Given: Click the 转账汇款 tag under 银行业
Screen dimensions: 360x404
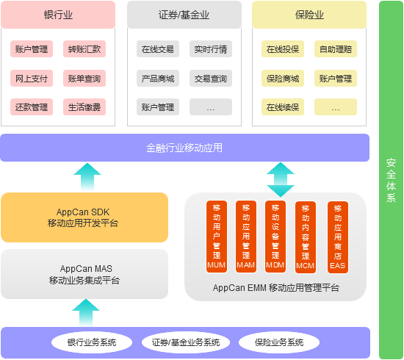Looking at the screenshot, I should (x=84, y=50).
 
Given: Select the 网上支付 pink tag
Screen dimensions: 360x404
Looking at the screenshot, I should (x=32, y=79).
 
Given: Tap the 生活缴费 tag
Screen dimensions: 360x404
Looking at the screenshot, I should (x=84, y=107).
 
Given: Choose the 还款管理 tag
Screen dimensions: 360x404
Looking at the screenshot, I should (x=32, y=107).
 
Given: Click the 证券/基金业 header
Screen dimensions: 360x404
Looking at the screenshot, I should (x=184, y=15).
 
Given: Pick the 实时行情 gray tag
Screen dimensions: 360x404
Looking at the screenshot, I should (x=211, y=50).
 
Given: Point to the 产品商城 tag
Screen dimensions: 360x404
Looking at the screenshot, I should (x=158, y=79).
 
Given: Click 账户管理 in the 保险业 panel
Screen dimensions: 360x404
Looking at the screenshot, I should (x=336, y=79).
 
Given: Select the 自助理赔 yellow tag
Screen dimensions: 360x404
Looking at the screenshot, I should (x=336, y=50).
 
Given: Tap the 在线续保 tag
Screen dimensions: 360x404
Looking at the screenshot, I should (x=283, y=107).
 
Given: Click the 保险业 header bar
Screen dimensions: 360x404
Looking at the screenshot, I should (x=309, y=15).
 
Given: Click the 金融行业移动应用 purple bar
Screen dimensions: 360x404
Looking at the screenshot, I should (x=184, y=148).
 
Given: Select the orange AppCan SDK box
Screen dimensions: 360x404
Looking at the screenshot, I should (x=84, y=217).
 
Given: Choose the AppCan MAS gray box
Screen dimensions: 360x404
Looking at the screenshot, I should (x=84, y=275).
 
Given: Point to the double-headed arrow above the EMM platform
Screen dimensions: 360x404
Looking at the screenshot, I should (x=280, y=179).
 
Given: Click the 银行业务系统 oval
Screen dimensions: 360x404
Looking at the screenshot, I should (x=93, y=342).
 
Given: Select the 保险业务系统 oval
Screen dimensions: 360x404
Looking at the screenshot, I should (x=279, y=342).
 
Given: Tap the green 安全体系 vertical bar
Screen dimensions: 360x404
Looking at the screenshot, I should (x=391, y=179).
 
